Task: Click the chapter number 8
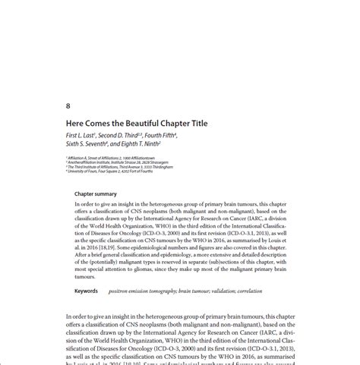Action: pos(69,105)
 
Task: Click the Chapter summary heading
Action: pos(95,194)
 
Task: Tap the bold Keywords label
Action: pos(86,291)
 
